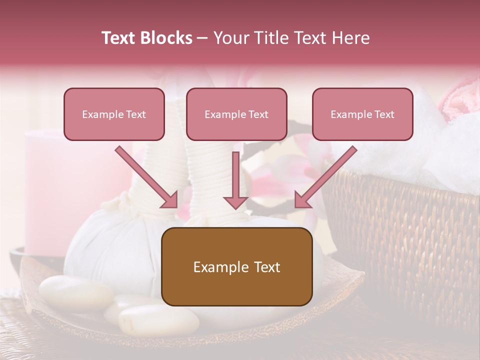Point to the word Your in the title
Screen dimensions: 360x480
pyautogui.click(x=228, y=38)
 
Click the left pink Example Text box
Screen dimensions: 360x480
pyautogui.click(x=114, y=114)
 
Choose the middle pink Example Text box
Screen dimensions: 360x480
pyautogui.click(x=236, y=114)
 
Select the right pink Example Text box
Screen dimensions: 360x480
pyautogui.click(x=362, y=114)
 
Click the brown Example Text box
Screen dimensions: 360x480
pyautogui.click(x=236, y=266)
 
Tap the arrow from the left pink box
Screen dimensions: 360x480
pyautogui.click(x=146, y=177)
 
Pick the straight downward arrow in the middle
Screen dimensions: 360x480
pyautogui.click(x=235, y=180)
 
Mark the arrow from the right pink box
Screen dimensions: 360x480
pyautogui.click(x=326, y=177)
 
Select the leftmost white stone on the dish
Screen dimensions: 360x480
pyautogui.click(x=75, y=293)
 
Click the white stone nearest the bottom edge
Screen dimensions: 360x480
pyautogui.click(x=158, y=319)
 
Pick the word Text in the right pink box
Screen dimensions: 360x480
pyautogui.click(x=384, y=114)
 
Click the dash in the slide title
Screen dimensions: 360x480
pyautogui.click(x=202, y=38)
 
